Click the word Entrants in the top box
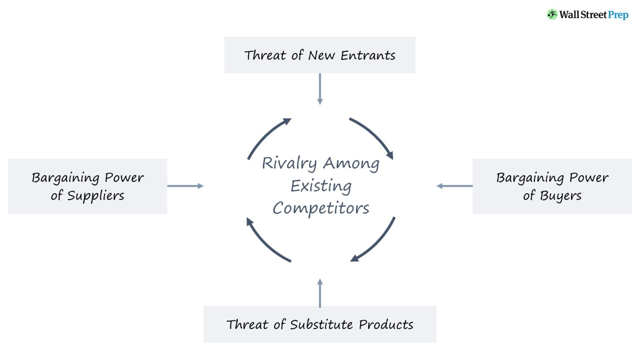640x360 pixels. click(x=368, y=55)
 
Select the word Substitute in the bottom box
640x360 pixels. click(x=322, y=325)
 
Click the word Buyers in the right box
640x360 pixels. click(x=560, y=196)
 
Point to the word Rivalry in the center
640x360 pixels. click(x=289, y=163)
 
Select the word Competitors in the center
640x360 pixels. click(x=321, y=208)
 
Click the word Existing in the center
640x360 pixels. click(x=321, y=186)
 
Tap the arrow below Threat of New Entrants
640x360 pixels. click(x=320, y=89)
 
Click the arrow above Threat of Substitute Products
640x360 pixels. click(x=320, y=293)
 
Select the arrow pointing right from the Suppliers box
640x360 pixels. click(x=185, y=186)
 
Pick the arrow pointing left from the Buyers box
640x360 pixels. click(x=455, y=186)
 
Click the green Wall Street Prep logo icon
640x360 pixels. click(x=552, y=15)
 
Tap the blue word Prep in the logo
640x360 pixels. click(x=618, y=15)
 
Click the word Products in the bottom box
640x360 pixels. click(x=386, y=325)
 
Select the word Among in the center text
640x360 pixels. click(x=351, y=163)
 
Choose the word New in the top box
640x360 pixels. click(x=321, y=55)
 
